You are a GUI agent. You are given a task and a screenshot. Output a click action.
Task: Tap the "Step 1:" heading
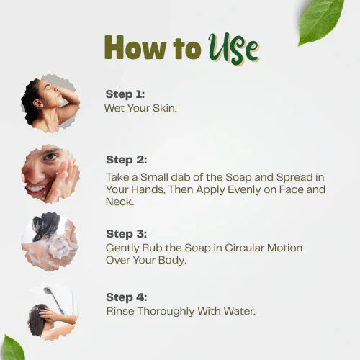pos(125,94)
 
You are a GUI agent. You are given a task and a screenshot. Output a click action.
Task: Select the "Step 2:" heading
pos(125,160)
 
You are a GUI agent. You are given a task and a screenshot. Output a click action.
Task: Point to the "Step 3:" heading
pos(125,234)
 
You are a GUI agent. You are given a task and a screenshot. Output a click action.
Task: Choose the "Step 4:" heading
pos(125,297)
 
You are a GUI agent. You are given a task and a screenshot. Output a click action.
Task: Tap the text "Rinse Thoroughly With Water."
pos(180,311)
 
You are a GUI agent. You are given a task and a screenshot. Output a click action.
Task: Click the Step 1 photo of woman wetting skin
pos(50,102)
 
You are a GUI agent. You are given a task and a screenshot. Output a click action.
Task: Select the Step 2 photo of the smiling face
pos(50,174)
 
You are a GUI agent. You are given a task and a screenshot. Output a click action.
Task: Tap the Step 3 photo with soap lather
pos(50,242)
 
